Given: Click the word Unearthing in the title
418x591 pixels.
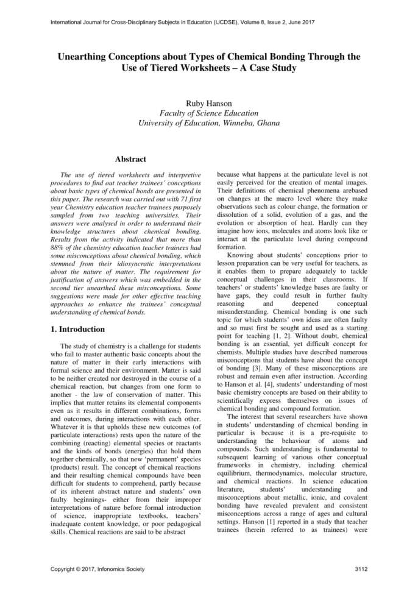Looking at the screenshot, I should coord(86,57).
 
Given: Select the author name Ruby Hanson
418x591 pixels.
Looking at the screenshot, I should coord(209,102).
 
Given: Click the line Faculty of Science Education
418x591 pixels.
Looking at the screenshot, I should coord(209,113).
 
